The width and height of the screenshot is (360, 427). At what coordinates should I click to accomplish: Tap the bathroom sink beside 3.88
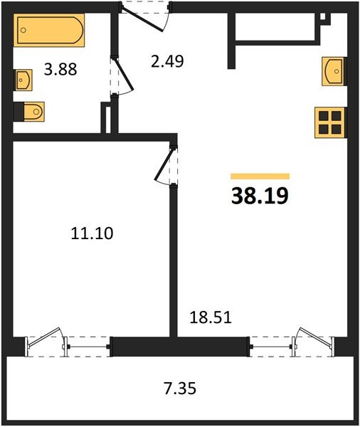[x=23, y=80]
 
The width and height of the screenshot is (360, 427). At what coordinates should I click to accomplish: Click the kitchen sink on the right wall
[x=334, y=71]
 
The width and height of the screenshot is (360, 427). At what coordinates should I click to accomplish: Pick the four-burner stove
[x=330, y=122]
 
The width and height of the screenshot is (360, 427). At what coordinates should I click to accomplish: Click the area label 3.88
[x=60, y=69]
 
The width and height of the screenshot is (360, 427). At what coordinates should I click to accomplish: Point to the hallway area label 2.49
[x=167, y=61]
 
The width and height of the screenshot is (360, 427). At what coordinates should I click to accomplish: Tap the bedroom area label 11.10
[x=92, y=233]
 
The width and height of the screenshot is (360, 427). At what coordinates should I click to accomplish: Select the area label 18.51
[x=210, y=317]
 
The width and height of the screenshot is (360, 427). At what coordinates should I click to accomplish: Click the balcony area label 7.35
[x=180, y=388]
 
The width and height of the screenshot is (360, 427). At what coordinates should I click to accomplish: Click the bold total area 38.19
[x=260, y=196]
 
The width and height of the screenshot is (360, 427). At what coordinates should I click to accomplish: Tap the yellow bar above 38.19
[x=260, y=176]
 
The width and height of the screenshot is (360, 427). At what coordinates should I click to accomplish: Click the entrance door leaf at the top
[x=142, y=20]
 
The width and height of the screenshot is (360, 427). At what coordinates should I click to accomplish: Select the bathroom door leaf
[x=124, y=73]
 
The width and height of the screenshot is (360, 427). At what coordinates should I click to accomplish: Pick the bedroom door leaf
[x=164, y=164]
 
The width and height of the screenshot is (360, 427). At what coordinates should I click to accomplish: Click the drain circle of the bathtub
[x=23, y=30]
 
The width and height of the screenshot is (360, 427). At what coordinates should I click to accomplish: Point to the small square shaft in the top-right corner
[x=323, y=16]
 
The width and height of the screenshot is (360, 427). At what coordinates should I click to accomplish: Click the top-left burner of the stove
[x=323, y=116]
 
